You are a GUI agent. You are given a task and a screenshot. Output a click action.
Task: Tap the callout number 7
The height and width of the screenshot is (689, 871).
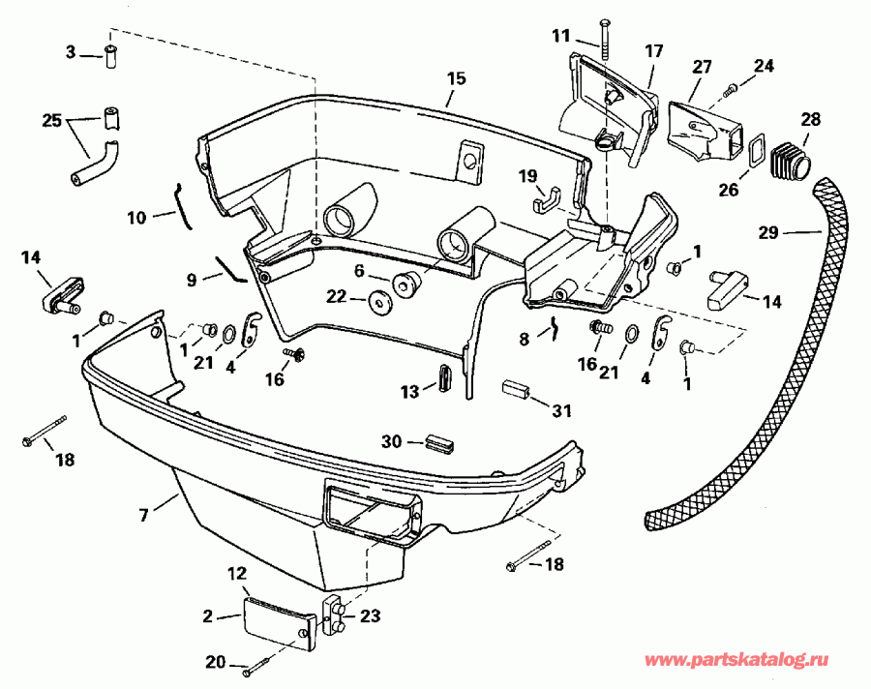(x=143, y=515)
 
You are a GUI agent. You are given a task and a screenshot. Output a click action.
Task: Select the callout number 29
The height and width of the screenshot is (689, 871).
(x=769, y=231)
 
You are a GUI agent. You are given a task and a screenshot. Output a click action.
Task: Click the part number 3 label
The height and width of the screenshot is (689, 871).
(x=71, y=52)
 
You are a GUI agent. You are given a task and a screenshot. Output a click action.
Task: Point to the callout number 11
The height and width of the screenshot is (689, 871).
(x=562, y=36)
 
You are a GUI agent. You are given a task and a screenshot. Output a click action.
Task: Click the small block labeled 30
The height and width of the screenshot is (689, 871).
(x=438, y=443)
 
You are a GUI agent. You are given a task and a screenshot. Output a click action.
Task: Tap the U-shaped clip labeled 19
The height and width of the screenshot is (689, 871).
(x=546, y=199)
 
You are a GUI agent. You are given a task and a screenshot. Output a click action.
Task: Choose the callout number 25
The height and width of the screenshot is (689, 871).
(x=51, y=122)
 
